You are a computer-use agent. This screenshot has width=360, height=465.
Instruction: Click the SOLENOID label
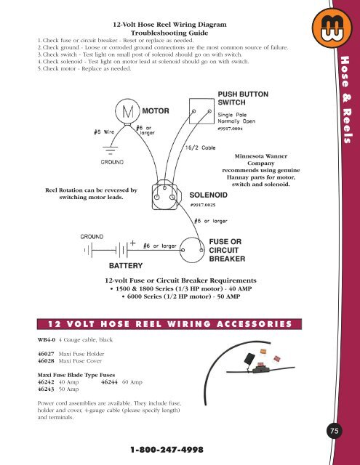pyautogui.click(x=211, y=195)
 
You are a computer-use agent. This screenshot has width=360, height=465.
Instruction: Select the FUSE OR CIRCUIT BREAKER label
pyautogui.click(x=230, y=250)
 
